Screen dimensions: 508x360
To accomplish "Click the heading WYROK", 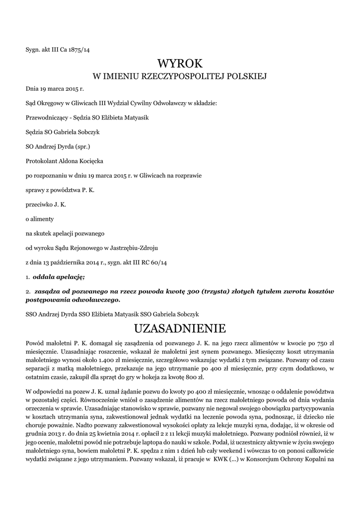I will [x=180, y=63].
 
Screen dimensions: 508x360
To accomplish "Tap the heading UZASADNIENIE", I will [x=180, y=328].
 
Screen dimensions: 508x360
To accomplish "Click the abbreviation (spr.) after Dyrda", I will [x=81, y=146].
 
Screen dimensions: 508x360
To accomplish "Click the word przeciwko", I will [x=39, y=204].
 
